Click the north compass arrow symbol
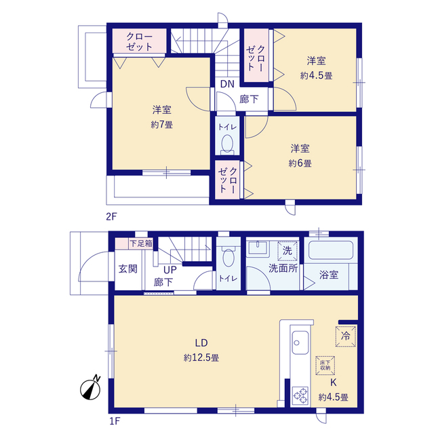90,388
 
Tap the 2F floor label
111,218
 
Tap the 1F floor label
115,420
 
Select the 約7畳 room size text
161,124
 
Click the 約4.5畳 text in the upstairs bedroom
316,76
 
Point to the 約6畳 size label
300,163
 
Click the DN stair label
226,85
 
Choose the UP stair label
170,269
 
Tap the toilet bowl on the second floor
227,144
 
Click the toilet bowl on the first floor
229,258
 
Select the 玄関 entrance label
127,269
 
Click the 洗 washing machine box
287,249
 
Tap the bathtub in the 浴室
330,250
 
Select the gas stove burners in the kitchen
299,395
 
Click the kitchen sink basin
299,340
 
